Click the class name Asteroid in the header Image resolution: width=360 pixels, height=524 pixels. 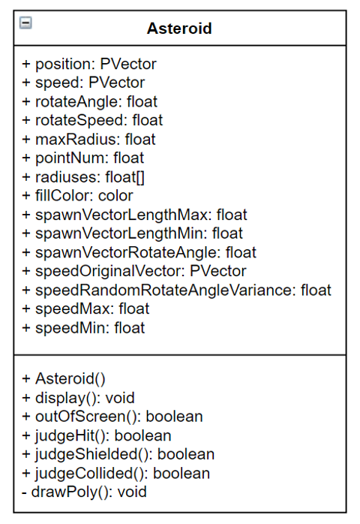(179, 29)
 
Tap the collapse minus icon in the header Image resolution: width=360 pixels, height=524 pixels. (25, 23)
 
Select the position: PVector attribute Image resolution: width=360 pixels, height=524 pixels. (89, 64)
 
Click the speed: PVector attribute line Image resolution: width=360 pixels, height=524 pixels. (83, 83)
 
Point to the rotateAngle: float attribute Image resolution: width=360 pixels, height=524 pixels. (89, 101)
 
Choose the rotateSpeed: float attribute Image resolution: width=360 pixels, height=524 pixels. (92, 120)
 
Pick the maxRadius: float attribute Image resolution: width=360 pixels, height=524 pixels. (88, 140)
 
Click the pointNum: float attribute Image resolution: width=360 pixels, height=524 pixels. (82, 158)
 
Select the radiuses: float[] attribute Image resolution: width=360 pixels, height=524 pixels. (83, 177)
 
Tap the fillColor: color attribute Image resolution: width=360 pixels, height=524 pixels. (77, 196)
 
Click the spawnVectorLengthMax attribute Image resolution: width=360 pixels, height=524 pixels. (134, 215)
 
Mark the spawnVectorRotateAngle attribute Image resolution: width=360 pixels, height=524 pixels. (139, 252)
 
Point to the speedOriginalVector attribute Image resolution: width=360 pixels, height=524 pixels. (134, 271)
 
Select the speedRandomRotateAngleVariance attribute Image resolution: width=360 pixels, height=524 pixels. (177, 290)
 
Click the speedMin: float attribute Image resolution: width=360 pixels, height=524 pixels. (83, 328)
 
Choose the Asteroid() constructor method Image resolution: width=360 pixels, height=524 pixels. (64, 379)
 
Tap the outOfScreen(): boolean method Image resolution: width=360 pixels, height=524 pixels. (112, 417)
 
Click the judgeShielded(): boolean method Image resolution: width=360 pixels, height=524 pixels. (118, 454)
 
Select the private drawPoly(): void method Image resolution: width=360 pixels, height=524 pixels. (84, 492)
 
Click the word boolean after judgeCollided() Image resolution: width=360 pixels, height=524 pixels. (181, 473)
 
